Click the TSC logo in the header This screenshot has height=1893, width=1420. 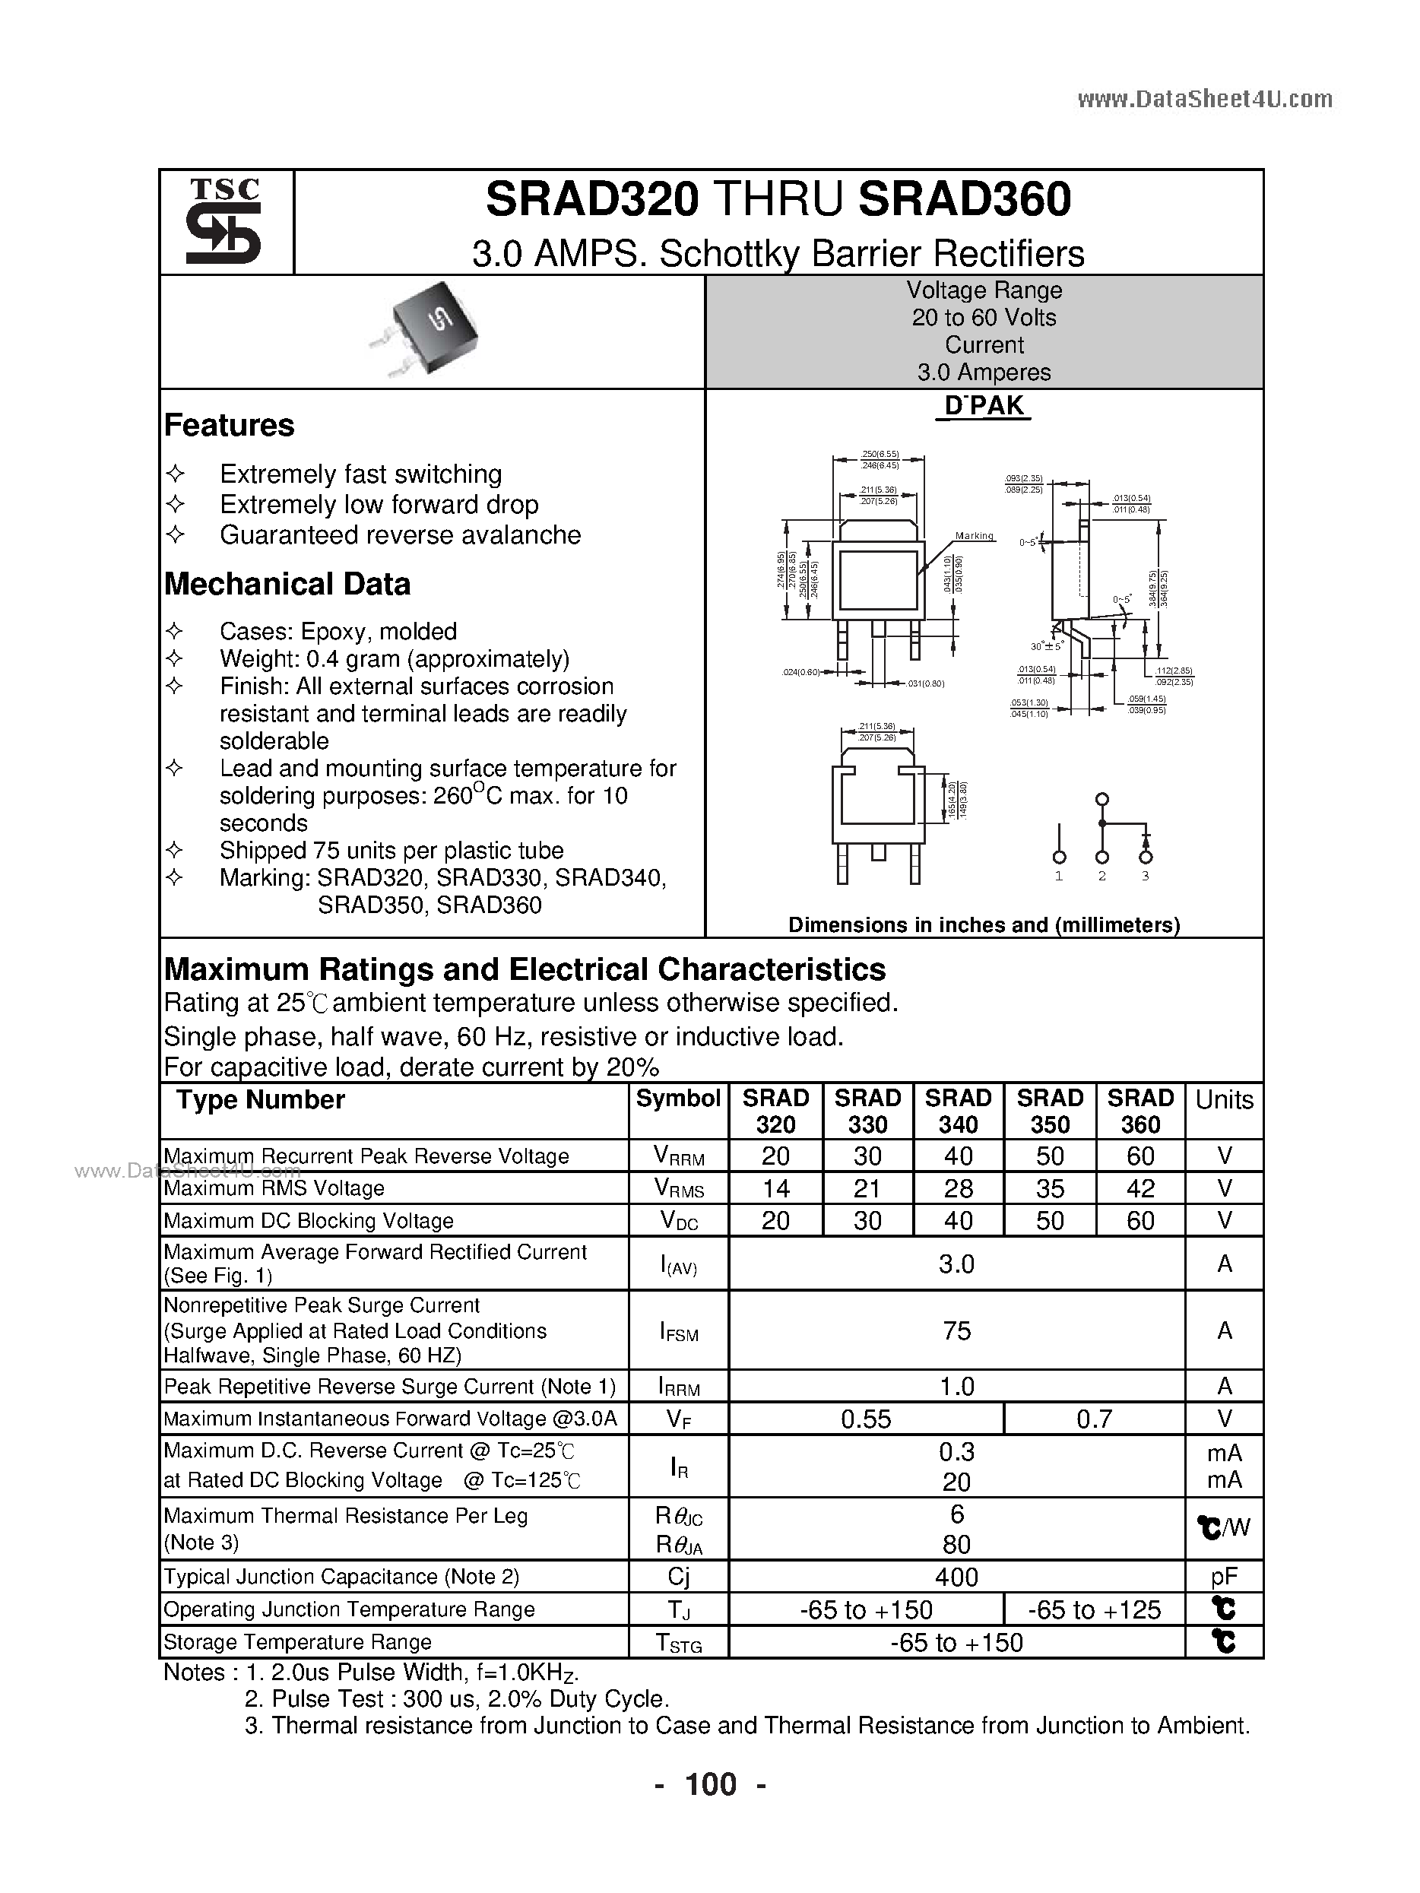(224, 220)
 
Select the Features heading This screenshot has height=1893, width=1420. (229, 425)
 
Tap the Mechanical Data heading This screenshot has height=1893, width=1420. (287, 585)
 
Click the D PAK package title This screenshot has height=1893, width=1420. (984, 406)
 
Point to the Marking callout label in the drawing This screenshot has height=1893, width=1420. (974, 536)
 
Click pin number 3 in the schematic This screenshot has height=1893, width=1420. (1146, 877)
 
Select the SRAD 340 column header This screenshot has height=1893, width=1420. (958, 1111)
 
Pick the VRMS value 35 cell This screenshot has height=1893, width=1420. (1049, 1189)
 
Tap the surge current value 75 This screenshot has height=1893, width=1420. (956, 1330)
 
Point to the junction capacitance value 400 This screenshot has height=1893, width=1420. (956, 1577)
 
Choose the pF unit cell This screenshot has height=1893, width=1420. (1224, 1577)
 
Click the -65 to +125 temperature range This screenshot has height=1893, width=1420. (1094, 1609)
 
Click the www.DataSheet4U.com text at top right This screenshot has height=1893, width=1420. (1204, 100)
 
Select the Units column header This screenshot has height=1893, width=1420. (1224, 1099)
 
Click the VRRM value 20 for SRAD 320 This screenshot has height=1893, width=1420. (775, 1156)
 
